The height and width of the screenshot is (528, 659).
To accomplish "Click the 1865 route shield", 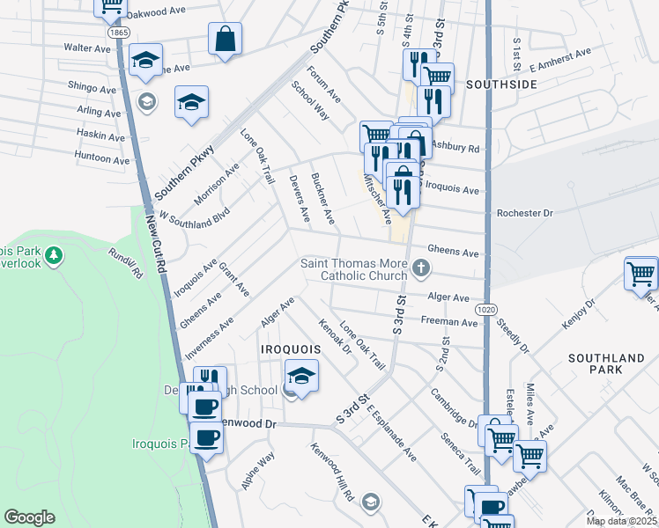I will point(119,32).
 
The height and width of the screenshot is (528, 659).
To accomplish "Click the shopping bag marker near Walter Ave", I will point(225,39).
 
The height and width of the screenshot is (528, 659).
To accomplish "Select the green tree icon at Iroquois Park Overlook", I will point(55,255).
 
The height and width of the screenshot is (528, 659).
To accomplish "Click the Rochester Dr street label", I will point(524,213).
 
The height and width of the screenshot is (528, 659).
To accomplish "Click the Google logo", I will point(29,517).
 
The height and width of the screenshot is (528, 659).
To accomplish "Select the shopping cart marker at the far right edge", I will point(640,273).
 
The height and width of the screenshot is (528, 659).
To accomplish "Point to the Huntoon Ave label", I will point(102,159).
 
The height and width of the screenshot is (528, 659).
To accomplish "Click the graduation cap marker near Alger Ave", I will point(301,376).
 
